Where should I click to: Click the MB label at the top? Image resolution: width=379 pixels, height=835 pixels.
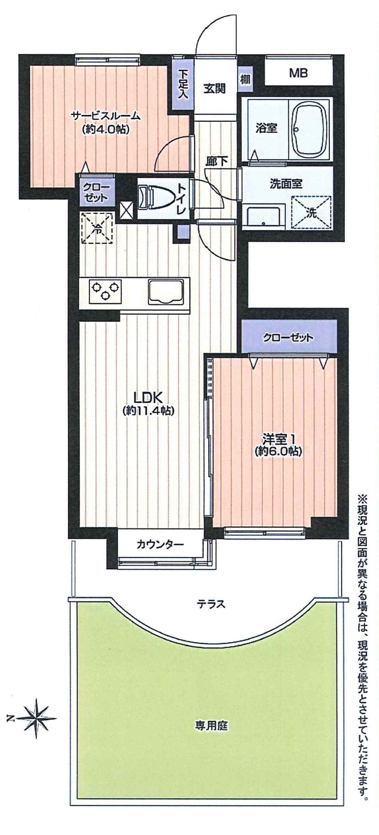point(298,73)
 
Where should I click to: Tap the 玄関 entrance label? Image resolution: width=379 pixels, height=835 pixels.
point(215,89)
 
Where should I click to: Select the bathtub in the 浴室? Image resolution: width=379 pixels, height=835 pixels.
point(310,130)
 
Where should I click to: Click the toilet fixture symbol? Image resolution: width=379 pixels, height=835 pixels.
point(150,197)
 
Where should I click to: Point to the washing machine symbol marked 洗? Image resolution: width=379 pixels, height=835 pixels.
point(311,213)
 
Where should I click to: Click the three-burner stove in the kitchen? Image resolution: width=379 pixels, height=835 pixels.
point(105,291)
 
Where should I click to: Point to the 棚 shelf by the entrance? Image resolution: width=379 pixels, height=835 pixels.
point(244,80)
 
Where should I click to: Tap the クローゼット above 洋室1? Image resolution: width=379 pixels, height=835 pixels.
point(288,337)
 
